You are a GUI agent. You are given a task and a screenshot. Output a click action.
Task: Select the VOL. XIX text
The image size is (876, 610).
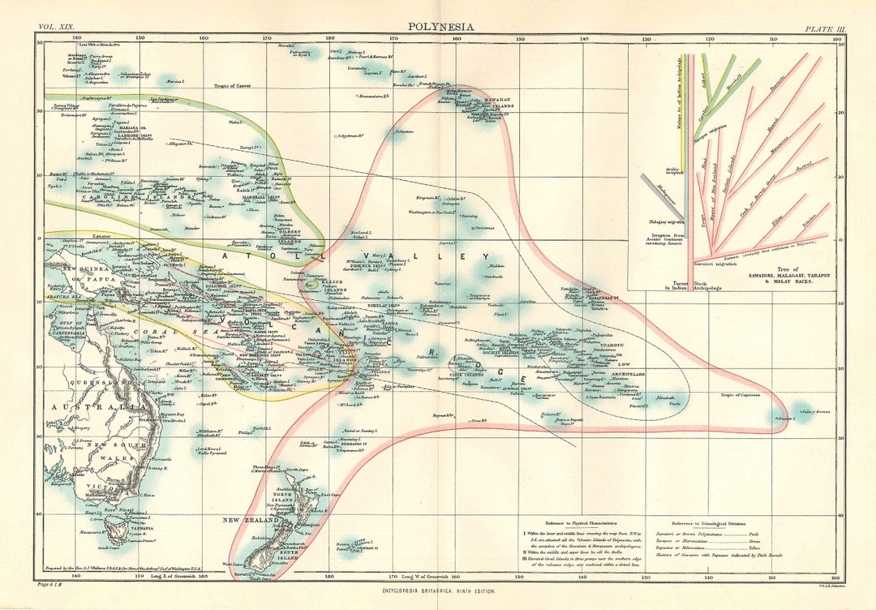point(54,28)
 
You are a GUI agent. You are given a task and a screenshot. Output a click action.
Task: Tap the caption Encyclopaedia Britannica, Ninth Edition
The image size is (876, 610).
point(439,591)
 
